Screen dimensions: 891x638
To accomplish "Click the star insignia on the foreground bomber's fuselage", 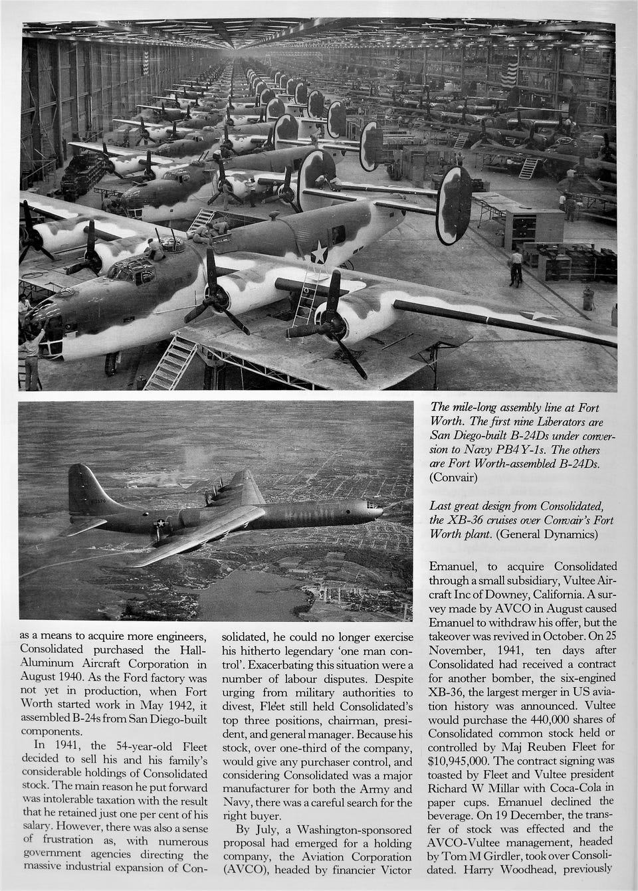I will point(320,252).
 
